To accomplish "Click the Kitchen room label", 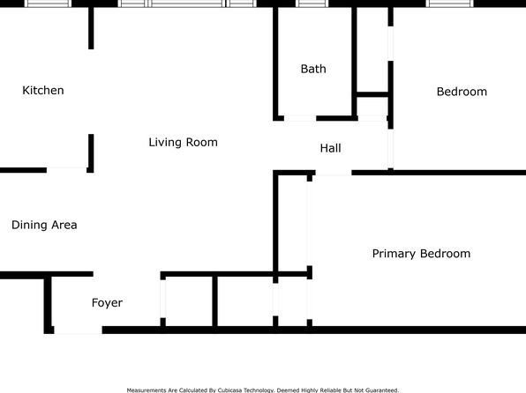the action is (x=43, y=90).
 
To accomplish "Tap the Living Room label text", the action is (x=184, y=142).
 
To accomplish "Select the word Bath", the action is (x=313, y=69).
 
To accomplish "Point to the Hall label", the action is (x=330, y=148).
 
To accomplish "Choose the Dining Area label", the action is (x=44, y=225).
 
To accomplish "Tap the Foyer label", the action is (x=107, y=303).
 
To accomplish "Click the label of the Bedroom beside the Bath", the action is (x=462, y=92).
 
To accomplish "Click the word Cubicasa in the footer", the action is (x=230, y=390).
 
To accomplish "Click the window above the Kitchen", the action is (x=48, y=4).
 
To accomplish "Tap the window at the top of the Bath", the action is (x=312, y=4).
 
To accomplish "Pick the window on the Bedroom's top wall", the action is (x=450, y=4).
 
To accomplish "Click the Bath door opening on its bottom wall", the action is (x=300, y=118).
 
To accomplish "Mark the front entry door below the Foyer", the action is (x=79, y=330).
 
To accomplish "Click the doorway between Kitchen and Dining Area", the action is (x=67, y=170).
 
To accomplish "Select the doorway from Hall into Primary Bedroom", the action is (x=334, y=173).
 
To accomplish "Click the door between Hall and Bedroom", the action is (x=390, y=149).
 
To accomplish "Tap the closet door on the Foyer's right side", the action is (x=163, y=299).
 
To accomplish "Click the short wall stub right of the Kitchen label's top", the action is (x=91, y=28).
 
